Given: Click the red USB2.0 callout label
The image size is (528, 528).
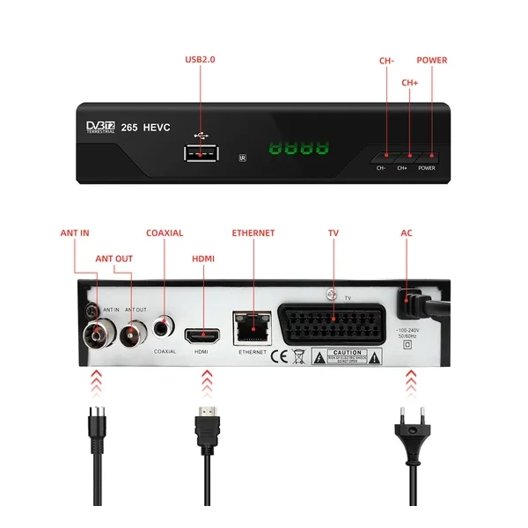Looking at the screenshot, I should [x=200, y=60].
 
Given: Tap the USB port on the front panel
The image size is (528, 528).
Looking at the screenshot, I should [x=200, y=153].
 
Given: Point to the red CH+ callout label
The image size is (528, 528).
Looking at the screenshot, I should [x=410, y=83].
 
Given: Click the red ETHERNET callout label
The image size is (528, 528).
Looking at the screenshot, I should [x=253, y=233].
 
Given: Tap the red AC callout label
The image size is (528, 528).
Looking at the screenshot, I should [x=407, y=233].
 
